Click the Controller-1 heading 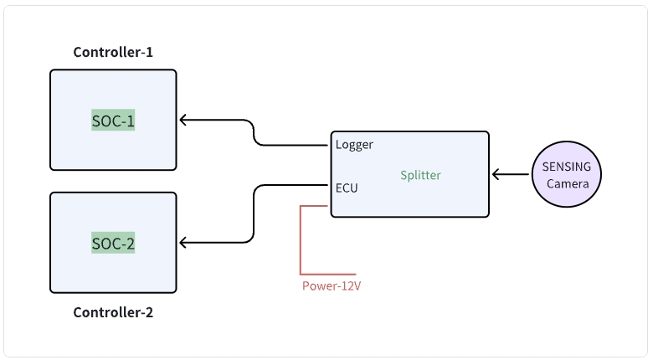113,52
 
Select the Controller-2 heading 113,313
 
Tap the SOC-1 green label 113,121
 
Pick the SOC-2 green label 113,244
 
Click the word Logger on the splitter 354,144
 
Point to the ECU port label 347,188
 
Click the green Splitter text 420,175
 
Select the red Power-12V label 331,286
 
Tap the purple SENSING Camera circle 567,175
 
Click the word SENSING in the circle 567,167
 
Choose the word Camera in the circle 568,183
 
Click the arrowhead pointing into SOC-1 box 184,121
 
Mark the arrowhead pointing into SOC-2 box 184,244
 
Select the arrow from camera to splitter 511,175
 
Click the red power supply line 301,243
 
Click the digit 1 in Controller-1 149,52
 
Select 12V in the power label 350,286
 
